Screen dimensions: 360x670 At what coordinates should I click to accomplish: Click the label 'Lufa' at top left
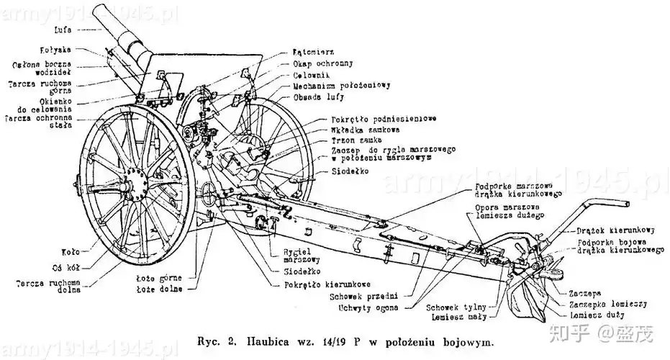coord(62,30)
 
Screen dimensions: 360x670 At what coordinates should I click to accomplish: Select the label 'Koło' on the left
coord(70,251)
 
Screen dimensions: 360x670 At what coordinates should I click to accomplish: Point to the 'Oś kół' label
coord(67,266)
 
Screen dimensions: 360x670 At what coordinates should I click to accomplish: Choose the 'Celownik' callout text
coord(312,74)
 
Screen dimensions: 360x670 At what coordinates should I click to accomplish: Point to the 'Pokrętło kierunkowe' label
coord(322,284)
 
